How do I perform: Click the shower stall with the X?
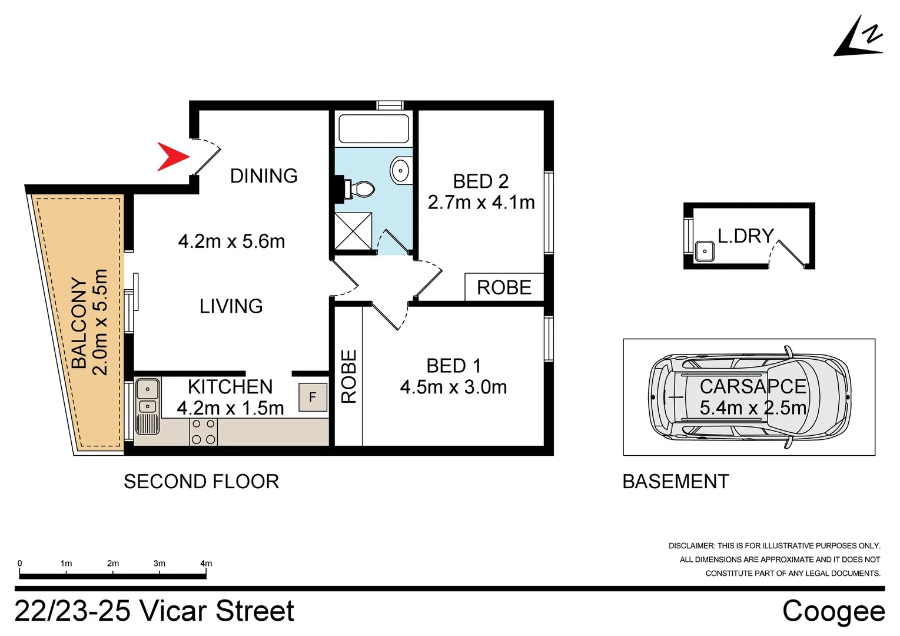353,231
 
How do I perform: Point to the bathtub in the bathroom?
374,128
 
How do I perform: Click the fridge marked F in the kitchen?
313,397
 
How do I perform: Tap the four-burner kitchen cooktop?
203,432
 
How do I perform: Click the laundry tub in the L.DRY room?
705,251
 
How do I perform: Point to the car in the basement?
750,397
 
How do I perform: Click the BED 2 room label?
481,181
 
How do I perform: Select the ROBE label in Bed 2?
504,287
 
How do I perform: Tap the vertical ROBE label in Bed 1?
348,376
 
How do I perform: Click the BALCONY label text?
79,323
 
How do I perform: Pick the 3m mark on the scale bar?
160,563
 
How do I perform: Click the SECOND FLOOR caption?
201,481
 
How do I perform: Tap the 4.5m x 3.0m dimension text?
454,387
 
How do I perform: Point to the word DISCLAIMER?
692,546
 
